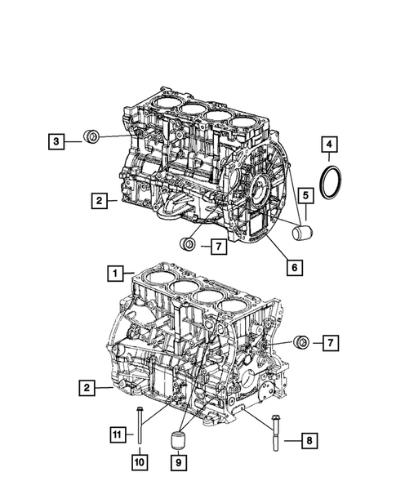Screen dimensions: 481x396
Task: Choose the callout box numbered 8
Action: [x=309, y=441]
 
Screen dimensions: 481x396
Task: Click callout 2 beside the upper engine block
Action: [x=97, y=199]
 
